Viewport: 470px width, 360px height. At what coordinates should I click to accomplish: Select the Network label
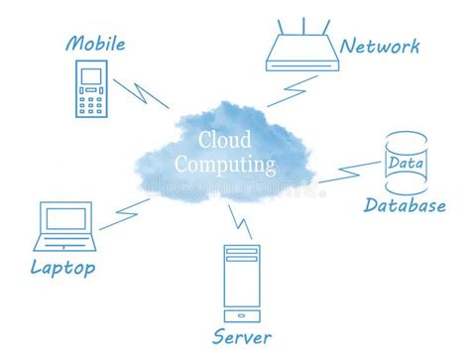pyautogui.click(x=380, y=45)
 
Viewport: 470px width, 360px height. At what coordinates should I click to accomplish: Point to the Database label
pyautogui.click(x=404, y=205)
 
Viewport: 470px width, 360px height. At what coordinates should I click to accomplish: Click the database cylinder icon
pyautogui.click(x=407, y=164)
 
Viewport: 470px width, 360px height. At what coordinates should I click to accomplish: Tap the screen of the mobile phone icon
pyautogui.click(x=90, y=75)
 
